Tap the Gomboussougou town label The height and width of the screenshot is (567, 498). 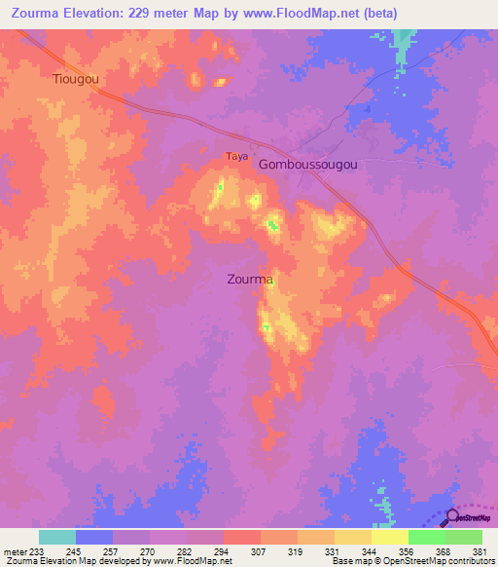coord(307,165)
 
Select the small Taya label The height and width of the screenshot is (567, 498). coord(236,156)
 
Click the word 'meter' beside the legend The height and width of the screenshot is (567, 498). coord(15,550)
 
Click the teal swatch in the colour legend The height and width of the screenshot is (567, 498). coord(57,537)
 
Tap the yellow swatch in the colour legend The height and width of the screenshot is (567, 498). coord(390,537)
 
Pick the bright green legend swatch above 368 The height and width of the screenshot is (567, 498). coord(427,537)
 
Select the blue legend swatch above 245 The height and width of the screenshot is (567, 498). coord(94,537)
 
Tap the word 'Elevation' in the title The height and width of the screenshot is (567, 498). coord(96,13)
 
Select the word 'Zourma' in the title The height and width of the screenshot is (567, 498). coord(33,13)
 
